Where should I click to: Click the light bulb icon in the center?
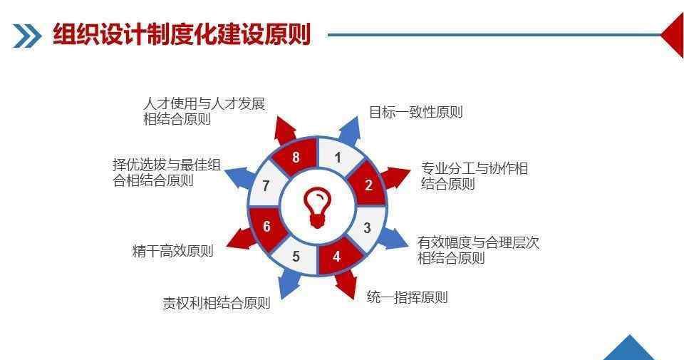(x=317, y=207)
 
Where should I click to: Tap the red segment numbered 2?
(x=368, y=184)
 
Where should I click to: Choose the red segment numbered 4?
(x=338, y=257)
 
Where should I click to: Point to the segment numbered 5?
(x=295, y=257)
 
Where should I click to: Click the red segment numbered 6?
(x=266, y=227)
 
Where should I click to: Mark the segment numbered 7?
(x=266, y=185)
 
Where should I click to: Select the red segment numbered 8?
(x=296, y=156)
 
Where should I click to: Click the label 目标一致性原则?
(x=415, y=112)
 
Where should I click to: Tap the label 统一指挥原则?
(x=407, y=297)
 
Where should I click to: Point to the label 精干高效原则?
(x=172, y=251)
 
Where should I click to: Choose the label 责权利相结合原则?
(x=217, y=303)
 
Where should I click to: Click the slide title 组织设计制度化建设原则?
(x=182, y=34)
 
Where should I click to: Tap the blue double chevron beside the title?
(x=27, y=36)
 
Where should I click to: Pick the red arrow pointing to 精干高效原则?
(x=242, y=239)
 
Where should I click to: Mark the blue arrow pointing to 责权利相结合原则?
(x=289, y=283)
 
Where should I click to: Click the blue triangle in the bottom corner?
(x=628, y=349)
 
